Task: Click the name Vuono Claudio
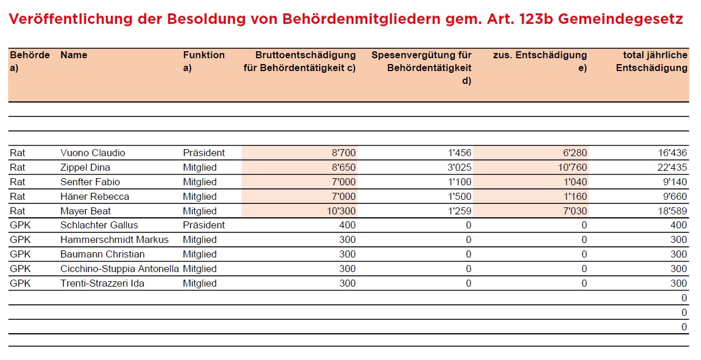tap(93, 153)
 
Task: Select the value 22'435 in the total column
tap(671, 168)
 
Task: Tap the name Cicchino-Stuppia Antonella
tap(120, 269)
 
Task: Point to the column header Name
tap(74, 55)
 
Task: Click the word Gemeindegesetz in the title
tap(619, 19)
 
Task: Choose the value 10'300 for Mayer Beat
tap(341, 211)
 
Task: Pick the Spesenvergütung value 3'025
tap(460, 168)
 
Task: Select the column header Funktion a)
tap(203, 61)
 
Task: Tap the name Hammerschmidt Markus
tap(114, 240)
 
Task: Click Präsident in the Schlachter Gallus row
tap(204, 225)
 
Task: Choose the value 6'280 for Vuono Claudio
tap(575, 153)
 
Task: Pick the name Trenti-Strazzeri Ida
tap(102, 284)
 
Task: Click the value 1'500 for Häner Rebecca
tap(460, 197)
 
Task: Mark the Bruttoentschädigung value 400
tap(347, 225)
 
